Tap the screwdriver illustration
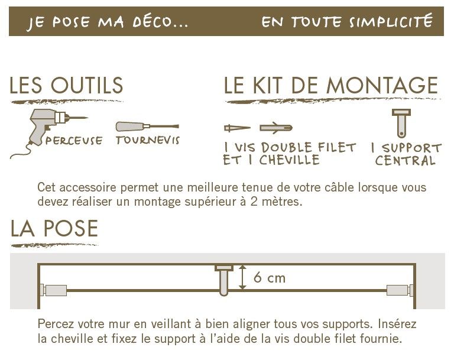(x=147, y=127)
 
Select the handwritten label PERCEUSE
(x=74, y=141)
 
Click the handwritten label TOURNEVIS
(x=148, y=140)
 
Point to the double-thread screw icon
(x=237, y=128)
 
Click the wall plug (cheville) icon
(x=276, y=128)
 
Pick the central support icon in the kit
(x=401, y=123)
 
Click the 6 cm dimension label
(x=270, y=278)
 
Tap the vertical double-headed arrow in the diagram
(x=242, y=277)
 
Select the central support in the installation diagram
(x=224, y=280)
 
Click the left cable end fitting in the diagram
(x=53, y=290)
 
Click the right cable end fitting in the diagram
(x=400, y=290)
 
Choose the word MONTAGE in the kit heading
(x=382, y=85)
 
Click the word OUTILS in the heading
(x=87, y=85)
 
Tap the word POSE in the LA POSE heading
(x=71, y=228)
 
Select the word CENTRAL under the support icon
(x=405, y=160)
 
